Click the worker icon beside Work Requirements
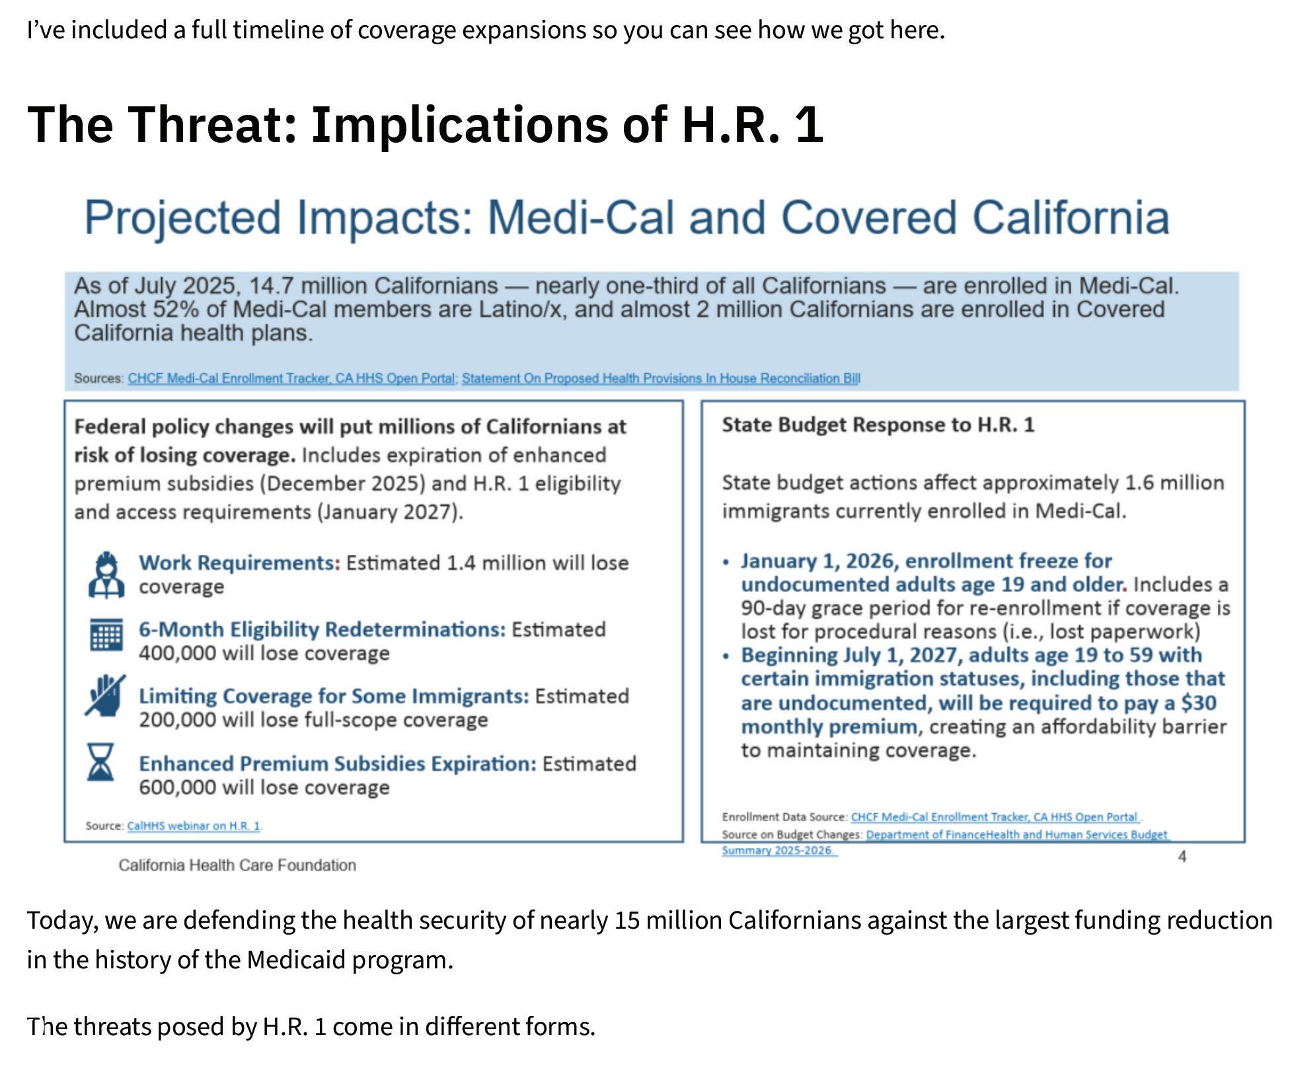[106, 575]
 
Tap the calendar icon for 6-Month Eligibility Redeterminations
[106, 635]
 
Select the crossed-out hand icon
[105, 695]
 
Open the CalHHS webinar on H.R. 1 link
[194, 826]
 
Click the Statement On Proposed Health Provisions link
[661, 378]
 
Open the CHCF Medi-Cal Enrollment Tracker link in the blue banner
[291, 378]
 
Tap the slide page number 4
[1182, 857]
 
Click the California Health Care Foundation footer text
[237, 865]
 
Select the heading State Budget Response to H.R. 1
[878, 425]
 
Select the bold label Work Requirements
[239, 563]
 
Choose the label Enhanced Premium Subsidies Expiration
[338, 764]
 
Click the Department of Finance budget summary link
[946, 842]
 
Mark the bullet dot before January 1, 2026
[726, 562]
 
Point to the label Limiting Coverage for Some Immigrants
[334, 696]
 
